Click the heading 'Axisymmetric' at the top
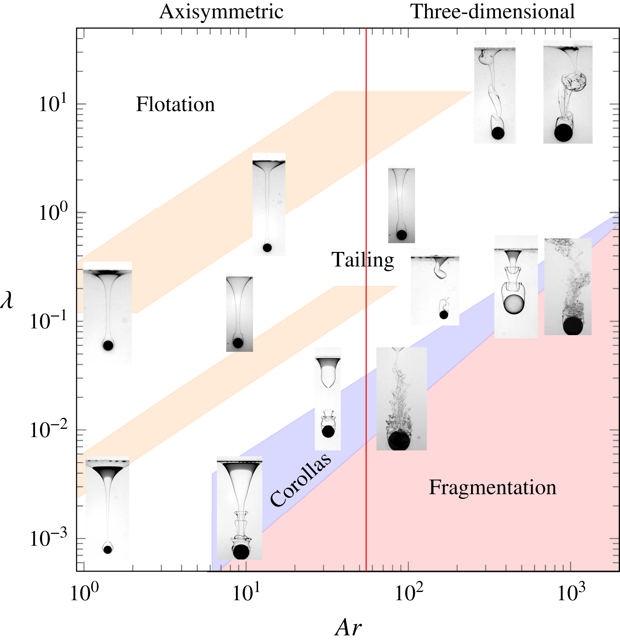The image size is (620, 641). coord(221,12)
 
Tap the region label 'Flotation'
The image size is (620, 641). coord(175,105)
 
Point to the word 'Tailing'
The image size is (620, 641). coord(362,260)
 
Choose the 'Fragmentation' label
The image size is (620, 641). coord(492,487)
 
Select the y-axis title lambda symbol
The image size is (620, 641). coord(7,300)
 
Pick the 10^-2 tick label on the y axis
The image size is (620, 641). coord(48,429)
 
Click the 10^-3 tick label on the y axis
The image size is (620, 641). coord(48,538)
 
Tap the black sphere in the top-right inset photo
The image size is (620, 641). coord(563,133)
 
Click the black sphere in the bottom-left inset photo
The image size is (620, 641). coord(107,549)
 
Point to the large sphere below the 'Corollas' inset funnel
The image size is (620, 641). coord(241,552)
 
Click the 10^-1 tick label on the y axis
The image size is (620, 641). coord(48,321)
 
